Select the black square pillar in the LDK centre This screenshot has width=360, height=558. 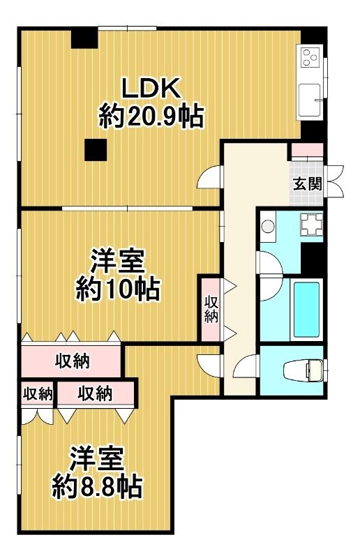pyautogui.click(x=95, y=149)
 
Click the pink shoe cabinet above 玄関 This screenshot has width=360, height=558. pyautogui.click(x=307, y=151)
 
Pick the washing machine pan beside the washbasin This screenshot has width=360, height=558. pyautogui.click(x=309, y=224)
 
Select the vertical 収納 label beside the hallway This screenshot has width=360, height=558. pyautogui.click(x=211, y=309)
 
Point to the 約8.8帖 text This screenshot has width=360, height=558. pyautogui.click(x=98, y=485)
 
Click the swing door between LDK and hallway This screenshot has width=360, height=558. pyautogui.click(x=210, y=179)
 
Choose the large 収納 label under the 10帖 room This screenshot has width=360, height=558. pyautogui.click(x=72, y=361)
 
